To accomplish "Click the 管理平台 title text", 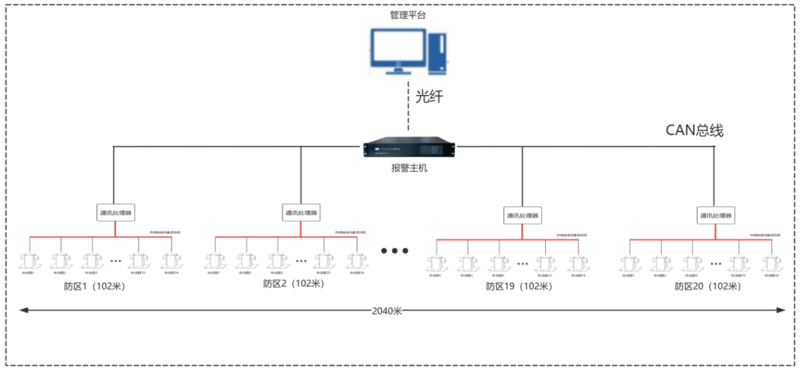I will (x=408, y=14).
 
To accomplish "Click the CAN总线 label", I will (x=695, y=130).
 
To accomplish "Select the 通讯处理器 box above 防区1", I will (x=116, y=213).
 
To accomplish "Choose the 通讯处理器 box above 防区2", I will (x=301, y=213).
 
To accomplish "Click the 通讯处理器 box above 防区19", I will (x=522, y=216).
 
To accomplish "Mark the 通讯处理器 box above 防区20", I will (x=716, y=216).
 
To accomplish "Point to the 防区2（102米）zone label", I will (x=293, y=283).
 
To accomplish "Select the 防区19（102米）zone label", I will (x=519, y=286).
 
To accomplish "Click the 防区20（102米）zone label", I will (x=707, y=286).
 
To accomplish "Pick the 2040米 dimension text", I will (x=387, y=311).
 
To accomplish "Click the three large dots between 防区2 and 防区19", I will (x=394, y=251).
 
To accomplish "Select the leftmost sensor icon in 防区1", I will (x=28, y=261).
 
